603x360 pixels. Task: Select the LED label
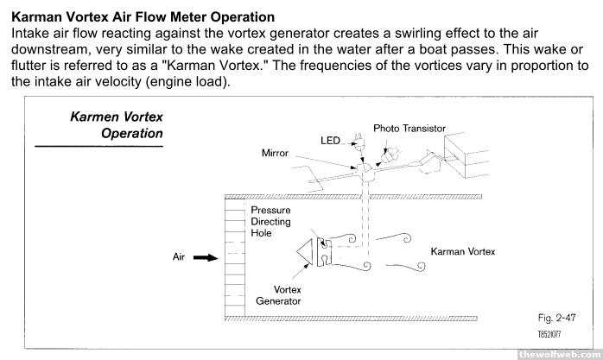[331, 140]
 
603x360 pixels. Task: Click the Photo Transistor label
[409, 128]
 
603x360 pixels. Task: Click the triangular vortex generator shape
[303, 250]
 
